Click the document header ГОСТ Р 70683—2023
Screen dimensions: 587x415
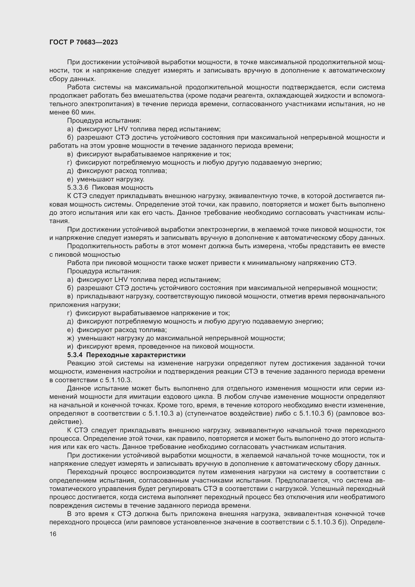84,42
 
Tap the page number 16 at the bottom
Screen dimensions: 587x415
53,534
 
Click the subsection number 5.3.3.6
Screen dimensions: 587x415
78,187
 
